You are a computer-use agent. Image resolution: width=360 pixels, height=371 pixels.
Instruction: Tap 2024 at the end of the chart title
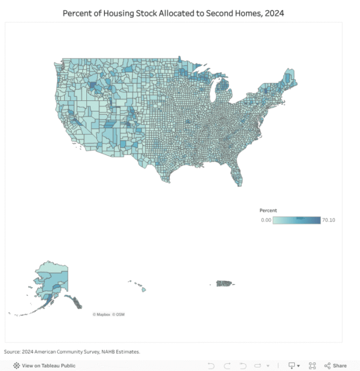point(274,13)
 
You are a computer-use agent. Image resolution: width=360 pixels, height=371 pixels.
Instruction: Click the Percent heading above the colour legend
point(268,211)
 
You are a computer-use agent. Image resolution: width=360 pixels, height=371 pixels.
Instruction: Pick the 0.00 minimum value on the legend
point(266,220)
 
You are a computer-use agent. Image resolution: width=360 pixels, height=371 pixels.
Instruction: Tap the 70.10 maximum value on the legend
point(328,220)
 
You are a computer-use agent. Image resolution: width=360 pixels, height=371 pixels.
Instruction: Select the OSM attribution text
point(120,315)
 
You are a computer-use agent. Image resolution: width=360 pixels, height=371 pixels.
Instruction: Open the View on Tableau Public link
point(49,365)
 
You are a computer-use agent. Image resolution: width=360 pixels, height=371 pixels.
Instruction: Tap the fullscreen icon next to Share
point(312,365)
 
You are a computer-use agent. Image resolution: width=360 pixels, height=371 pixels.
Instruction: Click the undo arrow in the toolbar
point(211,365)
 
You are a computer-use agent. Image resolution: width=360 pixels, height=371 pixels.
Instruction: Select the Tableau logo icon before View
point(17,365)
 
